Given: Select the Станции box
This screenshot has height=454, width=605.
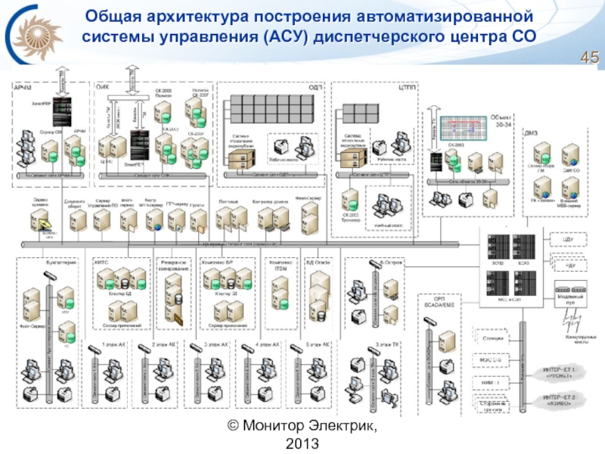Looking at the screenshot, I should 492,337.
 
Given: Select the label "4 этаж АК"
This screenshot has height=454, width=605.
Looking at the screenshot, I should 268,344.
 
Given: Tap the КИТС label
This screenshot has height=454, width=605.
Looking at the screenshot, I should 102,260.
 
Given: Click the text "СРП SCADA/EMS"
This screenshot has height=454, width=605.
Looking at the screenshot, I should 434,302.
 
